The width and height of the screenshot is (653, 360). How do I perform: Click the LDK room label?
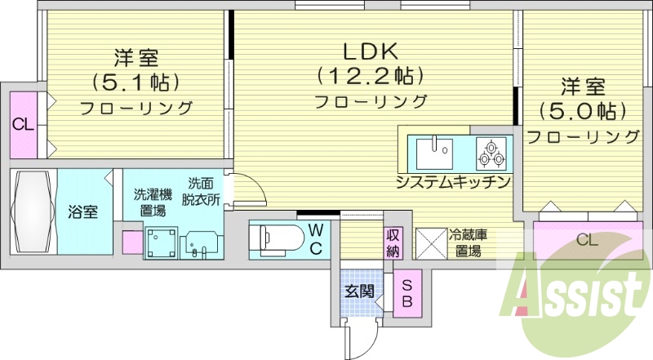point(370,52)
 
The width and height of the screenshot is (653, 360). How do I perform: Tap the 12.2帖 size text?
point(370,77)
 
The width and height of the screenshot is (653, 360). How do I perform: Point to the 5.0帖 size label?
point(582,110)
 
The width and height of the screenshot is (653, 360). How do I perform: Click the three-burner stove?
point(492,152)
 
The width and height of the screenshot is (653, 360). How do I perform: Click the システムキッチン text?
point(453,180)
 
